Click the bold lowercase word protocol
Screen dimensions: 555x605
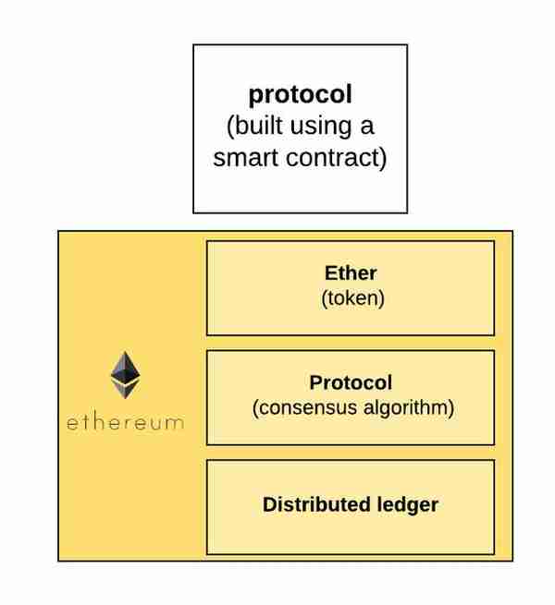301,95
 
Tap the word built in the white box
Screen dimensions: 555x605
254,126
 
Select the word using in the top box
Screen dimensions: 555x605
321,127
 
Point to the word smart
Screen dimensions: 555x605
245,158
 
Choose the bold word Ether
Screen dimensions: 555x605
351,273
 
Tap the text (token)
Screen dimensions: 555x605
352,298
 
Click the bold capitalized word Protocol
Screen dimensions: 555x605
351,382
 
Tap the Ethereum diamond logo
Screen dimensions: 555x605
125,375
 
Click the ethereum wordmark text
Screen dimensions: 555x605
125,422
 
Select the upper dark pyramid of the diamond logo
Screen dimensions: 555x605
125,368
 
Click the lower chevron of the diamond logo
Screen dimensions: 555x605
125,389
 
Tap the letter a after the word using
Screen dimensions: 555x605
367,127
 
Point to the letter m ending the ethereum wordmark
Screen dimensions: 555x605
174,423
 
